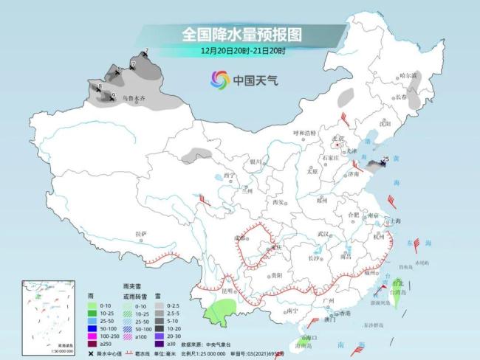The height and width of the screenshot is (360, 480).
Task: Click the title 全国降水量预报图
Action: [241, 34]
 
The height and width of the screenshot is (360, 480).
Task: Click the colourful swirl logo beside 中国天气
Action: [219, 79]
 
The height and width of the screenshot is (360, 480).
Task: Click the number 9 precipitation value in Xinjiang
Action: [113, 95]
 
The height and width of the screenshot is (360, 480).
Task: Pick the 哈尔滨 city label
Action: [408, 75]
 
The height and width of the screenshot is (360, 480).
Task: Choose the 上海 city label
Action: [394, 221]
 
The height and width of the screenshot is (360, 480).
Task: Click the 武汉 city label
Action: [322, 233]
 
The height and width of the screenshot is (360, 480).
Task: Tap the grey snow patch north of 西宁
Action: [196, 154]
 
